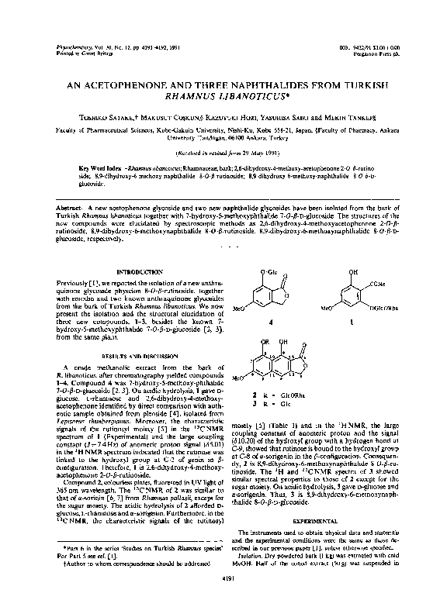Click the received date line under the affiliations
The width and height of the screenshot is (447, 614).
[223, 154]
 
